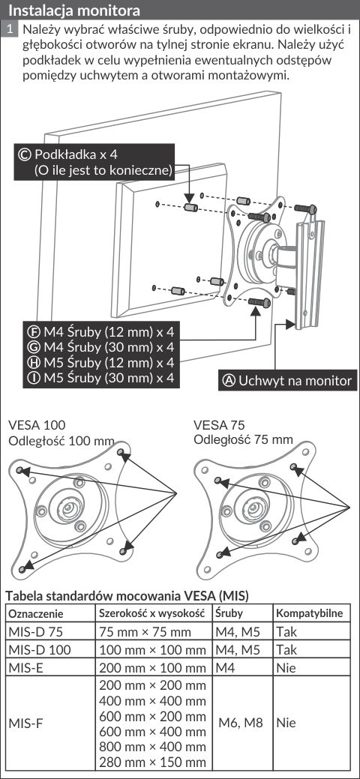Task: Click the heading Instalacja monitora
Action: pos(74,10)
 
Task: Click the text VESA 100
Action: pos(37,425)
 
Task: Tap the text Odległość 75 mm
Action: pos(243,439)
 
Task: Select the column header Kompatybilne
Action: pos(309,613)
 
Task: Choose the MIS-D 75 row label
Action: pos(36,632)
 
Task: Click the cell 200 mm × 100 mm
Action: pos(153,668)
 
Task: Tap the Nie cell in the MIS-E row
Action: pos(286,668)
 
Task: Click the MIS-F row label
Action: pos(25,722)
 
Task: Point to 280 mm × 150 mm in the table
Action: pos(153,763)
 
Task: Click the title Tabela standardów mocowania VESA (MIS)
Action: pos(127,595)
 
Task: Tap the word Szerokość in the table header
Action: pos(124,613)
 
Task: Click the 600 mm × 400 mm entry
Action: pos(153,732)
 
